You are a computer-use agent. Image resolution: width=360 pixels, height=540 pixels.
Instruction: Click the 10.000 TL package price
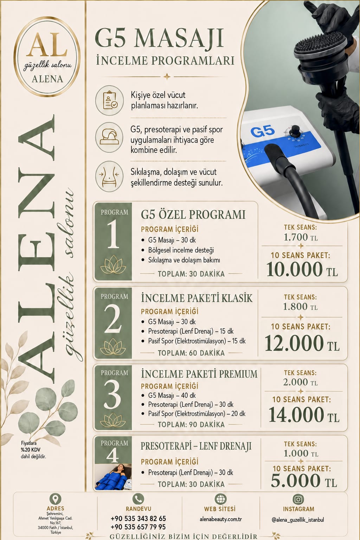[302, 269]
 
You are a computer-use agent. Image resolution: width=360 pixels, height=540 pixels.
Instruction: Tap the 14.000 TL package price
[304, 414]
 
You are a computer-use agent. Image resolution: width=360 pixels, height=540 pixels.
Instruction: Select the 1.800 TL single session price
[300, 307]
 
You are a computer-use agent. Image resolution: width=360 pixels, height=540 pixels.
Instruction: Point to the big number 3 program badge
[112, 394]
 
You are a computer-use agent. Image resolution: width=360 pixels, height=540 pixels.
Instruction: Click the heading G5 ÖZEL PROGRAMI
[193, 214]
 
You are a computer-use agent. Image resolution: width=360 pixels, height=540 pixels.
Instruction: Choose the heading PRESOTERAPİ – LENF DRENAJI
[196, 446]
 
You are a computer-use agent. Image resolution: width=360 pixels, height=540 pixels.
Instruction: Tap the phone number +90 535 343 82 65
[139, 519]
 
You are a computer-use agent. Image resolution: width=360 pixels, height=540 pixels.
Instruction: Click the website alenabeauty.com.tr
[221, 519]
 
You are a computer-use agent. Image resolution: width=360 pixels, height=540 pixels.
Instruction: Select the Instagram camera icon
[298, 499]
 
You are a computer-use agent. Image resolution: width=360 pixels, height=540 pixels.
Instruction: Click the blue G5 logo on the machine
[262, 131]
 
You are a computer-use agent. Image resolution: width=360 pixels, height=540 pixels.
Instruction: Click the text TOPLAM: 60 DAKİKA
[191, 353]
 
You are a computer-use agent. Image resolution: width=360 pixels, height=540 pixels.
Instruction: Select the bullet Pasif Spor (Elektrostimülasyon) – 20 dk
[197, 414]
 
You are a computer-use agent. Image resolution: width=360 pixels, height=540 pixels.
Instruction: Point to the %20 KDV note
[31, 450]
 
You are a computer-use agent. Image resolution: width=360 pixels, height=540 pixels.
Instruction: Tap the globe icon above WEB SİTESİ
[220, 499]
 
